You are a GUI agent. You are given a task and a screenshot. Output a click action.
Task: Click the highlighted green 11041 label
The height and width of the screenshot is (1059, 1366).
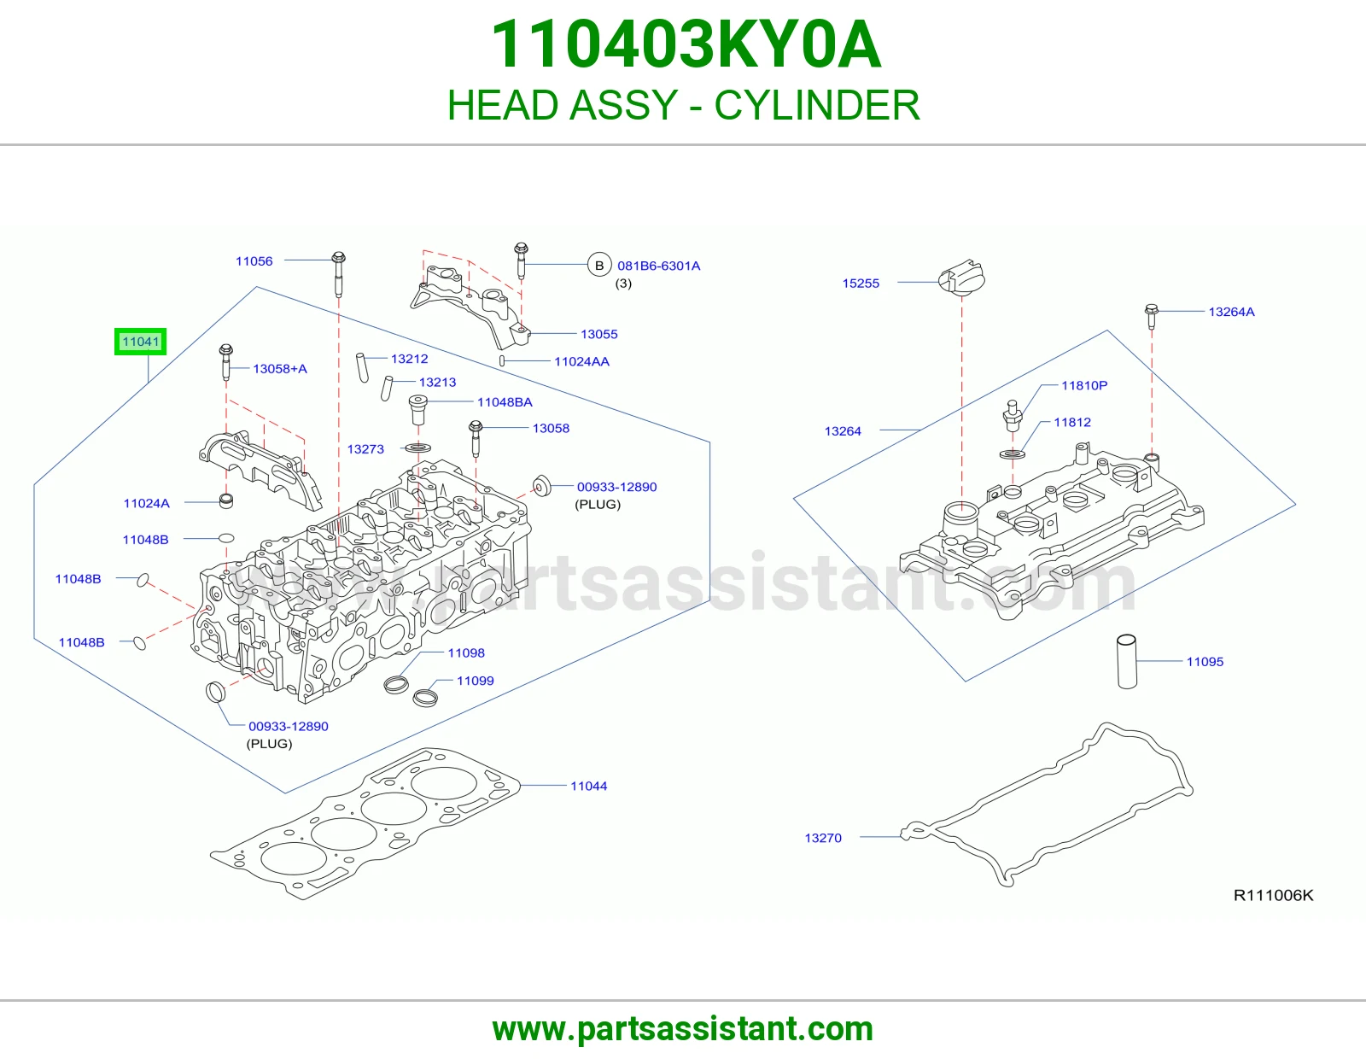click(x=140, y=342)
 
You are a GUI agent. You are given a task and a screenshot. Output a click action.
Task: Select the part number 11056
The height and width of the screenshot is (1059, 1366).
click(x=254, y=261)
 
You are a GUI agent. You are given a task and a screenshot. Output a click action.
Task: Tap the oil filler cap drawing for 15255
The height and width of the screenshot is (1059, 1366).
click(x=961, y=278)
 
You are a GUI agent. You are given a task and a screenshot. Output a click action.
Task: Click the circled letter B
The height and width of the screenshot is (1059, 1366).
click(x=599, y=266)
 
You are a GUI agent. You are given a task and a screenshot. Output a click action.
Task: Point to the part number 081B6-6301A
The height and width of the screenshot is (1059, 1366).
click(x=659, y=266)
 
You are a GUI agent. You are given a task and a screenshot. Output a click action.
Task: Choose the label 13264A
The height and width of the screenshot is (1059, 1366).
click(x=1231, y=312)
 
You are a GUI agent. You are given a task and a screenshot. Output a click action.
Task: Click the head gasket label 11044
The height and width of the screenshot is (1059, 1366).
click(x=588, y=786)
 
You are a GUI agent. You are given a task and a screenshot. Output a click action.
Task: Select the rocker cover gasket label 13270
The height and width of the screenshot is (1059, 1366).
click(x=823, y=839)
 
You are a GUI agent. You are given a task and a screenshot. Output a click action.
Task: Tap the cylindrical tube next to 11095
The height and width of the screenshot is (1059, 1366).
click(x=1126, y=662)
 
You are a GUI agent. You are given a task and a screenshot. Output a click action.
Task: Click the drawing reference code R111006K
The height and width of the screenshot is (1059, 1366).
click(x=1273, y=896)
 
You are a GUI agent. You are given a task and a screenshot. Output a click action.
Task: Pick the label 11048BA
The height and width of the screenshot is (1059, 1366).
click(x=505, y=402)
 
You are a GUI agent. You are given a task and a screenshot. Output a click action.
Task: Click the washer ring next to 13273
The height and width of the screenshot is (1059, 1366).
click(x=418, y=448)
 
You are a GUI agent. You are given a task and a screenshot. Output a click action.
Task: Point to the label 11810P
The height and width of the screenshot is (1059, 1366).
click(x=1084, y=385)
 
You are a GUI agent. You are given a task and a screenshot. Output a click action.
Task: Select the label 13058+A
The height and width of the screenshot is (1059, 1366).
click(x=280, y=369)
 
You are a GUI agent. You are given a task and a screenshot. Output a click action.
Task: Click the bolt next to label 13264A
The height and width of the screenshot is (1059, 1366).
click(x=1152, y=316)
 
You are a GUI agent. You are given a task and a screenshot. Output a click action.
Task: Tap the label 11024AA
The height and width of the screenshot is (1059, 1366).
click(x=581, y=361)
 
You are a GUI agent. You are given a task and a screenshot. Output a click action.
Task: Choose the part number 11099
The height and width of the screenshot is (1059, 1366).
click(x=476, y=681)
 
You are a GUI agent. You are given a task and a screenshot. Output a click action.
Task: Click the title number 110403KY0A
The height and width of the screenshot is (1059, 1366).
click(x=686, y=44)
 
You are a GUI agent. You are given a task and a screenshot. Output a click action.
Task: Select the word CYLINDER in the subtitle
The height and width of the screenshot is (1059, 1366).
click(x=816, y=105)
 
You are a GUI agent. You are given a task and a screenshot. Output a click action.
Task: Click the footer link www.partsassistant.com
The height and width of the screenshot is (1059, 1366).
click(x=683, y=1029)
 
